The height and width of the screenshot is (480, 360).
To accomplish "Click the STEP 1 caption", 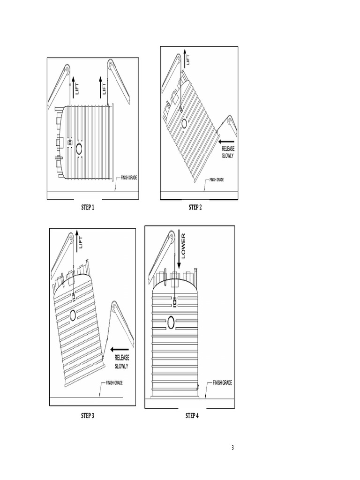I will coord(88,208).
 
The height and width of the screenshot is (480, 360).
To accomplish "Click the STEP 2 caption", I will coord(195,208).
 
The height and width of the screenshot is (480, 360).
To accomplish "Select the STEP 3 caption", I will coord(88,416).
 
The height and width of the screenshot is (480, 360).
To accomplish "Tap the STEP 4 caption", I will coord(192,416).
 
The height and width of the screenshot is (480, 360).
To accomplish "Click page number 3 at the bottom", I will coord(232,448).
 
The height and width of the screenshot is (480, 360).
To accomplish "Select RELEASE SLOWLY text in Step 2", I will coord(228,152).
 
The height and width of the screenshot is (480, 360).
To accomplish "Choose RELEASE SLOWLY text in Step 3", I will coord(121,361).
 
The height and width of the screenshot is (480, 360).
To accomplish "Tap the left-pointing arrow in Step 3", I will coord(120,349).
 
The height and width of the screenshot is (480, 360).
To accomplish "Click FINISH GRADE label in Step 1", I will coord(129,178).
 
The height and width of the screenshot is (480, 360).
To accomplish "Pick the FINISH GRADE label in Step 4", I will coord(222,383).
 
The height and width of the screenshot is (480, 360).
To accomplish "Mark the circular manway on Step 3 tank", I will coord(73,315).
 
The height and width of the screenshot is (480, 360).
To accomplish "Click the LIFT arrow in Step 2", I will coord(185,57).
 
